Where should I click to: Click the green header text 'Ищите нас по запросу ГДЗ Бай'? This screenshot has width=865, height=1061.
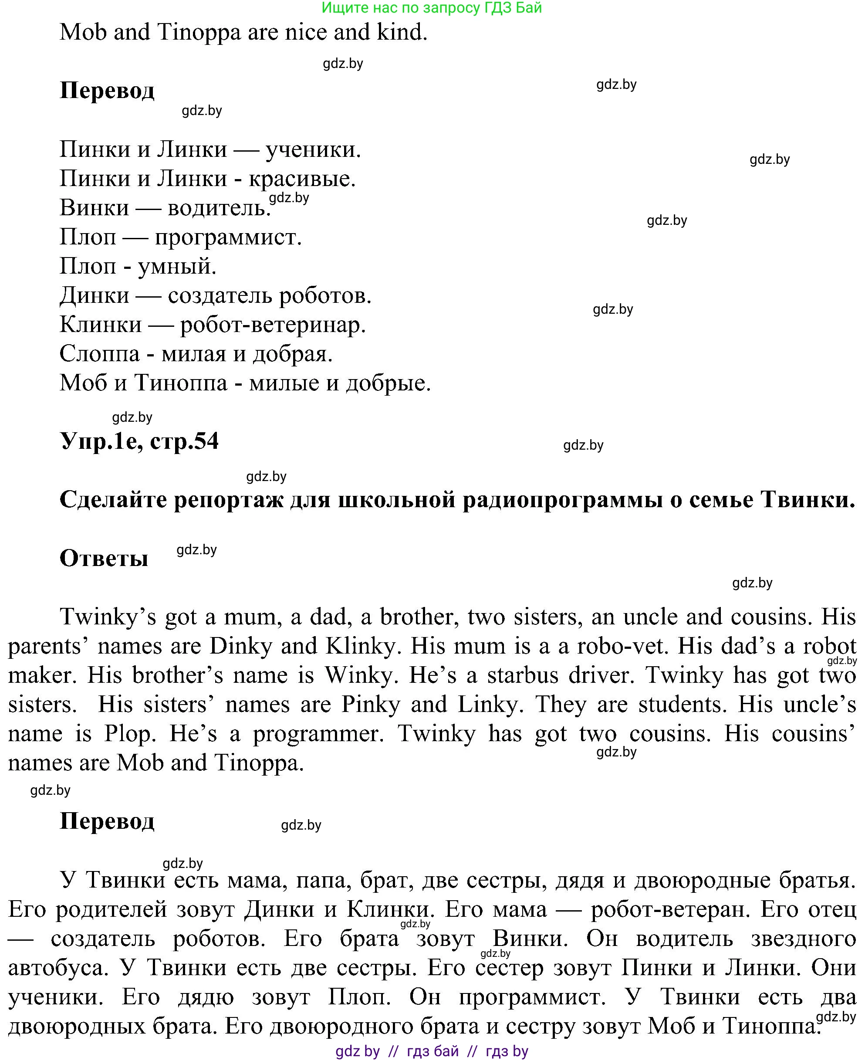pos(432,8)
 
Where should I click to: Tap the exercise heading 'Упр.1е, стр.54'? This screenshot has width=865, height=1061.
pos(139,441)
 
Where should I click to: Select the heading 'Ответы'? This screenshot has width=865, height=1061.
pos(104,558)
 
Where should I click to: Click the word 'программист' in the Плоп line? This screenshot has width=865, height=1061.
pos(228,237)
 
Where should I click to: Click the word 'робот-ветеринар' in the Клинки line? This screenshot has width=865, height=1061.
pos(273,325)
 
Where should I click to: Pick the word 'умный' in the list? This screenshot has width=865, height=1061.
pos(176,267)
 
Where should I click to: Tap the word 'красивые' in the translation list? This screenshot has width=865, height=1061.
pos(301,178)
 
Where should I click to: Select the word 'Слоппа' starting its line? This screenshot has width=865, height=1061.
pos(100,354)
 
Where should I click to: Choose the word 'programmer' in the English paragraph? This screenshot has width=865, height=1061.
pos(318,734)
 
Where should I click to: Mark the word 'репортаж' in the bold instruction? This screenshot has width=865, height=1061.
pos(228,499)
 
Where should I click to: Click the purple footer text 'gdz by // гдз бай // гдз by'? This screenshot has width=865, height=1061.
pos(432,1051)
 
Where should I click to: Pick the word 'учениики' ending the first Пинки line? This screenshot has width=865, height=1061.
pos(312,149)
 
